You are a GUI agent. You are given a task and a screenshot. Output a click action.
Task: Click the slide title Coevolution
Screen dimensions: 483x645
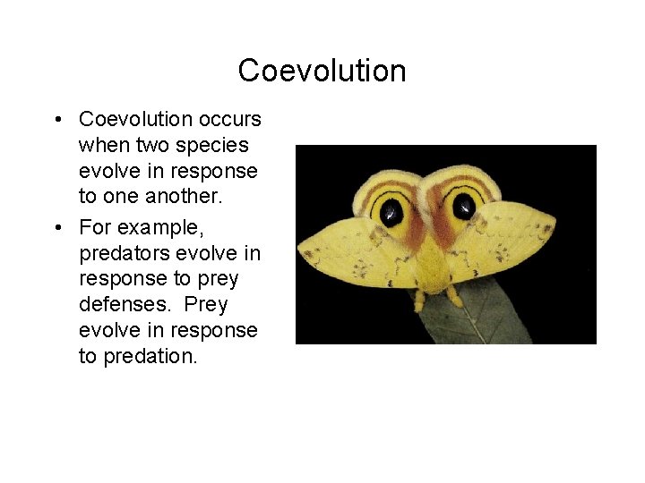coord(322,71)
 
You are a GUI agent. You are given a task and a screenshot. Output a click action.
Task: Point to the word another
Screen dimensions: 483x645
coord(165,197)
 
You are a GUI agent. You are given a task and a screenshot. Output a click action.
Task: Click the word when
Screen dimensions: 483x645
coord(100,145)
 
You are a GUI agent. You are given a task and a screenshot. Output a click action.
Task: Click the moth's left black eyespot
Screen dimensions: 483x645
coord(391,211)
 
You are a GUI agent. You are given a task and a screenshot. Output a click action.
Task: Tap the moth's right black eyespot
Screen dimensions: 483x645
coord(463,207)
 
